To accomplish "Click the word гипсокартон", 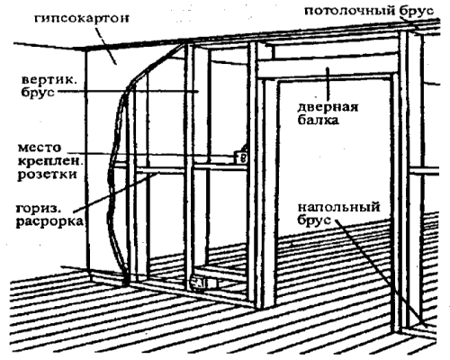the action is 81,19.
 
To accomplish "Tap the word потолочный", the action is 350,11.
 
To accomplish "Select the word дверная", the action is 328,107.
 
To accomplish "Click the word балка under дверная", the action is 318,120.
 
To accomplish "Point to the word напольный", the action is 339,207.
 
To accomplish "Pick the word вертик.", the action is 48,80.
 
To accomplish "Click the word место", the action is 40,148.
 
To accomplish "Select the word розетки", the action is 47,175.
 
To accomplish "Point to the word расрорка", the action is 49,222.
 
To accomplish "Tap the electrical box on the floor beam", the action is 204,283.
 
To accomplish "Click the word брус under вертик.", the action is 38,92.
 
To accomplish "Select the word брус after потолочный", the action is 417,11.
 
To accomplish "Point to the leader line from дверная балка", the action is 328,84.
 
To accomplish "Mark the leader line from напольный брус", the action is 380,273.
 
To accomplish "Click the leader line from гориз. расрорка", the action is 116,192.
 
